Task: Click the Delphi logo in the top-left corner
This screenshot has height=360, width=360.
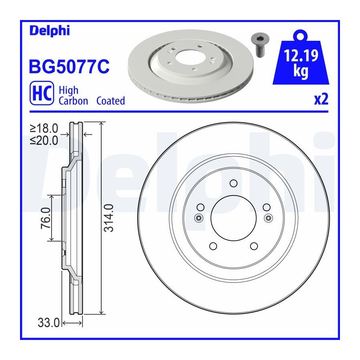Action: (x=50, y=31)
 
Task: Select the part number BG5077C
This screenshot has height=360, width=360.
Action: (x=69, y=66)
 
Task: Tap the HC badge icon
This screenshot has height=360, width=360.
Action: (x=42, y=93)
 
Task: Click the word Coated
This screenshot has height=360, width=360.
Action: (x=110, y=101)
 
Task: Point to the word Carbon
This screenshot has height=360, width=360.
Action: (x=73, y=101)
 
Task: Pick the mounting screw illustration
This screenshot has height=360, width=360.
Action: (x=260, y=45)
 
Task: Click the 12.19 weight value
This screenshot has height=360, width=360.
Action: (x=301, y=56)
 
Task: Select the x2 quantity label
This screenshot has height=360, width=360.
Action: (x=321, y=100)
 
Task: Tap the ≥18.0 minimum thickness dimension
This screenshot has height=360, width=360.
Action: (x=44, y=128)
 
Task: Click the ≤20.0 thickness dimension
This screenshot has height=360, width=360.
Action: (x=44, y=140)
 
